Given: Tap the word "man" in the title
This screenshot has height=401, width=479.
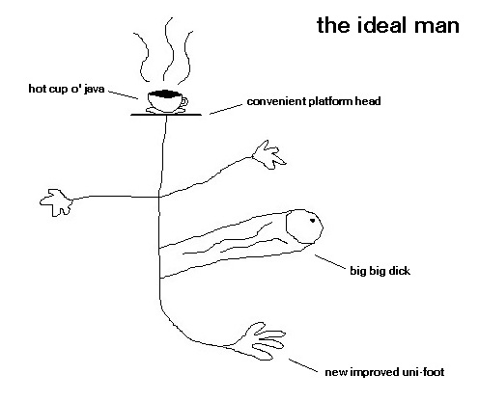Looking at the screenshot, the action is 437,27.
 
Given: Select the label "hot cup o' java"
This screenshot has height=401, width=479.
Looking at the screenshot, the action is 67,89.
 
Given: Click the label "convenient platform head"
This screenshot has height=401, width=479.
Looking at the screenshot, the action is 314,101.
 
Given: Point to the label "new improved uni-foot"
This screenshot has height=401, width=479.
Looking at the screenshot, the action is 384,372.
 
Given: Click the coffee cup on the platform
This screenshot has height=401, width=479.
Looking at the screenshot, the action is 166,101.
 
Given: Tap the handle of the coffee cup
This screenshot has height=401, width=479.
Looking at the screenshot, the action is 184,101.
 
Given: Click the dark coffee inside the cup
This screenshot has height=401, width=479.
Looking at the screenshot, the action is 164,94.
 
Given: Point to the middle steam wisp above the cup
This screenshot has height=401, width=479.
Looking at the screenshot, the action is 169,48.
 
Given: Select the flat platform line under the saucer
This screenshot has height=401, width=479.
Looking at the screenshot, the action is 166,115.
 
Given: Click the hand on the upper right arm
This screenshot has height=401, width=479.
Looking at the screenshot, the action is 268,155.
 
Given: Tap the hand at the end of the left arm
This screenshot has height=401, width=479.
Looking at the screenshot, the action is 56,202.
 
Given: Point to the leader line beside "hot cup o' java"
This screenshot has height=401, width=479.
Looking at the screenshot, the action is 124,94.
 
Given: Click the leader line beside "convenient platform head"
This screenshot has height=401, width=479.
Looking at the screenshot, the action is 226,109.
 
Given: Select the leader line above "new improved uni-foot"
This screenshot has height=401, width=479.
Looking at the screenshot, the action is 303,365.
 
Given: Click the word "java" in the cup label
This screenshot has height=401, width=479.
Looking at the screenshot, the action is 94,89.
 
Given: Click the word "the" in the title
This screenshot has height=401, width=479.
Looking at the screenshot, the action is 334,25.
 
